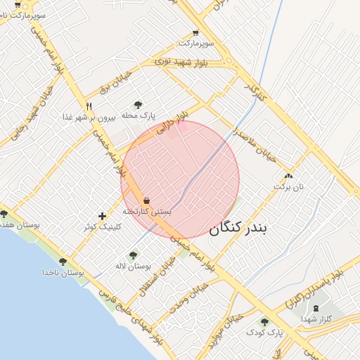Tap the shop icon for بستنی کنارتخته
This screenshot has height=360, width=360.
tap(146, 201)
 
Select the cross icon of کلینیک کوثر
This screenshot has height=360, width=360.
tap(103, 215)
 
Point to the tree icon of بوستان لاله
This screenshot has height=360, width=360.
tap(134, 255)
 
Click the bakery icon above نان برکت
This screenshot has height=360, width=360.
tap(288, 176)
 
